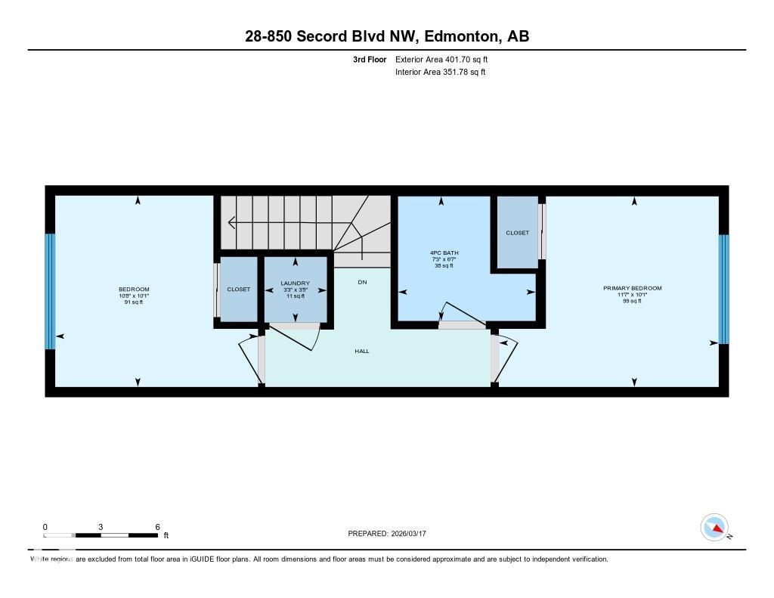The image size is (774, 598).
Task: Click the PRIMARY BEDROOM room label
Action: (632, 288)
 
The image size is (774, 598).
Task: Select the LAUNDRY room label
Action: (295, 283)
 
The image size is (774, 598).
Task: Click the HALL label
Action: (363, 351)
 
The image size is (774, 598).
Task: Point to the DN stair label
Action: (362, 281)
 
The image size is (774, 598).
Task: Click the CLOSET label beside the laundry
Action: (238, 289)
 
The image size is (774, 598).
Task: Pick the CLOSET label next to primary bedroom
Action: (517, 233)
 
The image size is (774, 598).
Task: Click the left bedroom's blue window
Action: (50, 291)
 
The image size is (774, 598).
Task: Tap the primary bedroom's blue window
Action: (723, 289)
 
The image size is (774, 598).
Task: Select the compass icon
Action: (714, 527)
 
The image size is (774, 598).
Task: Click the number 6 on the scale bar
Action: (156, 527)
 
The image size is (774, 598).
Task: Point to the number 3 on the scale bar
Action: (101, 527)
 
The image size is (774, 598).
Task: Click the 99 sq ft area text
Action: (632, 301)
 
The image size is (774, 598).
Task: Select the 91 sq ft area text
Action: (134, 302)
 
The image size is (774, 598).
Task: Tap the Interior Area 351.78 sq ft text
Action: (440, 73)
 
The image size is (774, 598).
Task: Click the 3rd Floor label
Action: (370, 59)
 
